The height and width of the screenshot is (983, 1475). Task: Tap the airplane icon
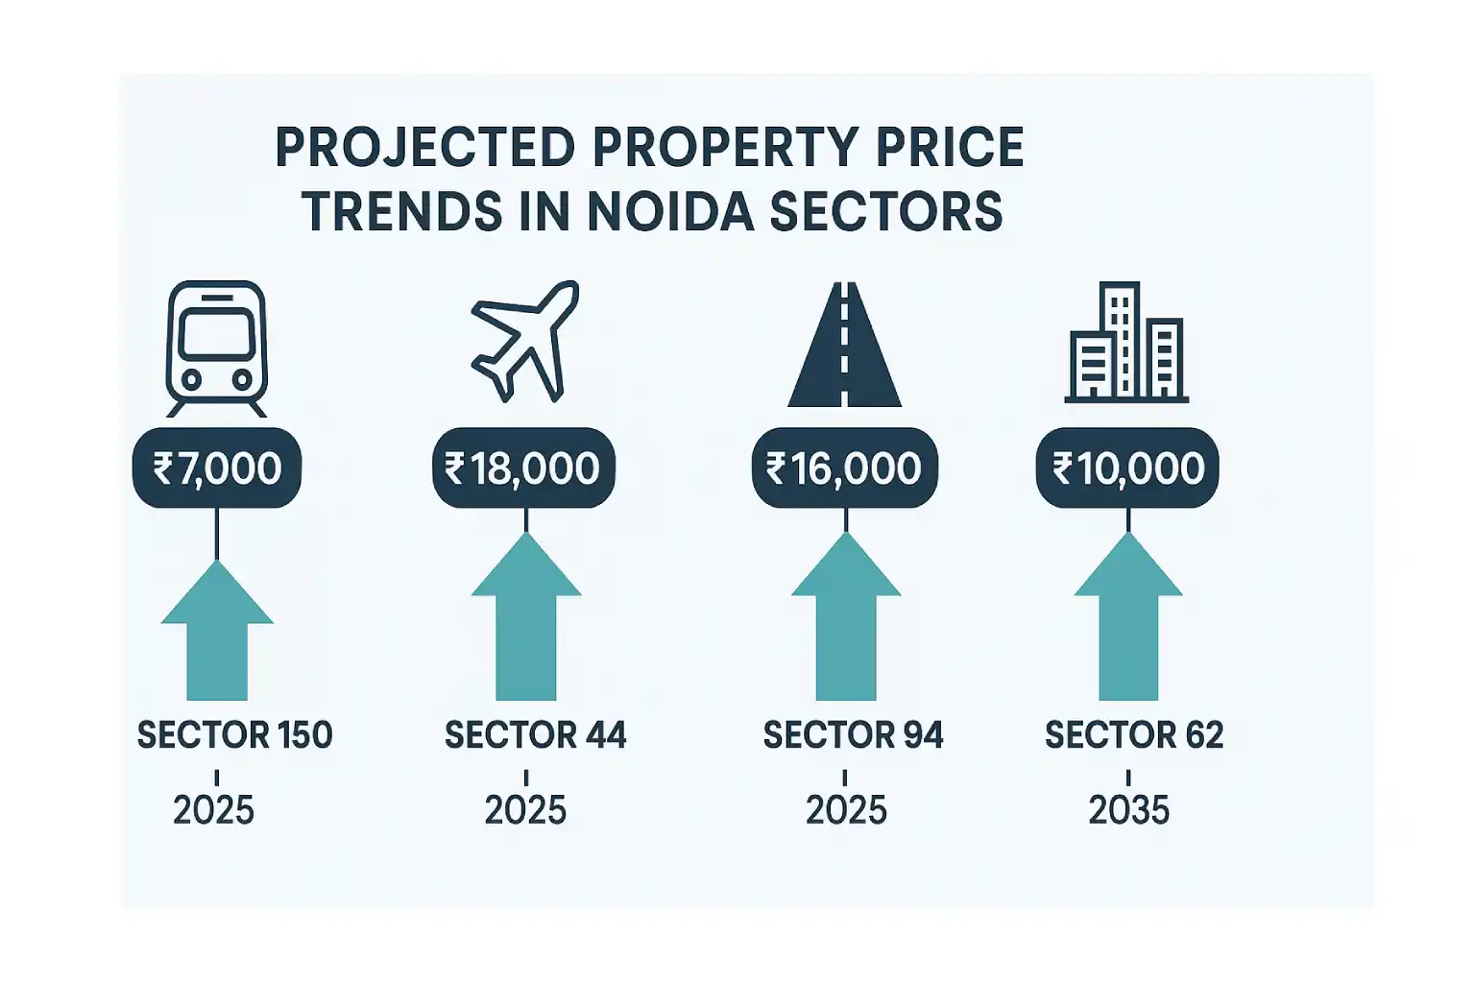point(524,341)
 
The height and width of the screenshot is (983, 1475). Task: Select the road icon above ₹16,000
point(844,345)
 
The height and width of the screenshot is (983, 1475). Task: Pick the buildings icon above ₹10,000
point(1126,342)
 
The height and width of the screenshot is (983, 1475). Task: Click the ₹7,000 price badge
point(217,468)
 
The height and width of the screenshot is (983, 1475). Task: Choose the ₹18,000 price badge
point(523,468)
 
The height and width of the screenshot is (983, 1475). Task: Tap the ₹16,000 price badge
point(844,468)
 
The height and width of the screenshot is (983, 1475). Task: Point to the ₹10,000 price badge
point(1127,468)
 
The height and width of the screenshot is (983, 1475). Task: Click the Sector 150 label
point(234,735)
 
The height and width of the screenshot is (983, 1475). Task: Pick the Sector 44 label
point(535,735)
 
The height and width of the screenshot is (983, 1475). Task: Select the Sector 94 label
point(853,735)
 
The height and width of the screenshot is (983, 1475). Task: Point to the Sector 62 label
point(1134,735)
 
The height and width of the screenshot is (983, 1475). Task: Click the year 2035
point(1129,810)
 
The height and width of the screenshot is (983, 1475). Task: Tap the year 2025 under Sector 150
point(213,810)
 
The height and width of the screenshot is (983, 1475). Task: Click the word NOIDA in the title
point(669,212)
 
